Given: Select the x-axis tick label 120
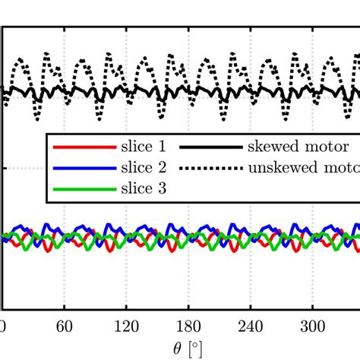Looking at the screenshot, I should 125,327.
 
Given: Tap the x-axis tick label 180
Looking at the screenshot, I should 185,327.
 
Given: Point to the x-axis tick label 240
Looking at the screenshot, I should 245,327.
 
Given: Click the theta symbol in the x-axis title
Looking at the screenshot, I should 175,349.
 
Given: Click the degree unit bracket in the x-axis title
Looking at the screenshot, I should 196,349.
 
